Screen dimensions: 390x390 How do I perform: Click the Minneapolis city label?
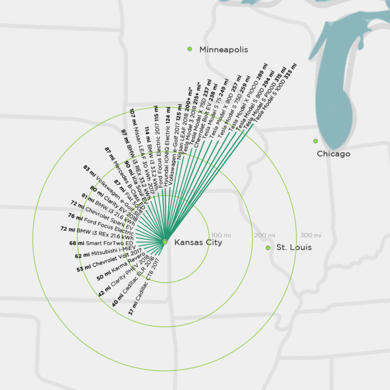point(223,50)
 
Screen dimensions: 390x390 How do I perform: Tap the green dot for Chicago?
point(315,141)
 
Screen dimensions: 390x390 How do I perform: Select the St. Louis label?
point(294,248)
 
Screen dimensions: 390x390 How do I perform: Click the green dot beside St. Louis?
point(268,248)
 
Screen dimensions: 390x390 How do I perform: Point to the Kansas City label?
point(198,243)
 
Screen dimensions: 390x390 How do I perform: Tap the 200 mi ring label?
point(265,235)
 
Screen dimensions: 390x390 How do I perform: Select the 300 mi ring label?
point(310,235)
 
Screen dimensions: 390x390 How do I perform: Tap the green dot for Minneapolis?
point(190,49)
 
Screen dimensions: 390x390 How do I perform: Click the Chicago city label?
point(333,153)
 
